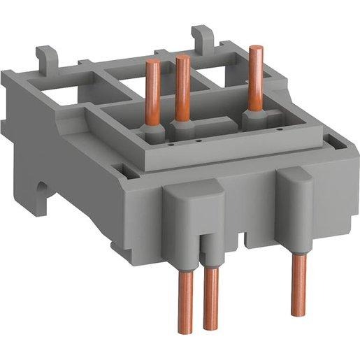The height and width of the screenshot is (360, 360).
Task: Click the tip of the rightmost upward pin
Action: (x=251, y=47)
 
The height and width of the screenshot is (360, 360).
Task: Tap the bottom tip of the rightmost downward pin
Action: (x=298, y=307)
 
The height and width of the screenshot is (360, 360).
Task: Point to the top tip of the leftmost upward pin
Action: (x=150, y=63)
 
